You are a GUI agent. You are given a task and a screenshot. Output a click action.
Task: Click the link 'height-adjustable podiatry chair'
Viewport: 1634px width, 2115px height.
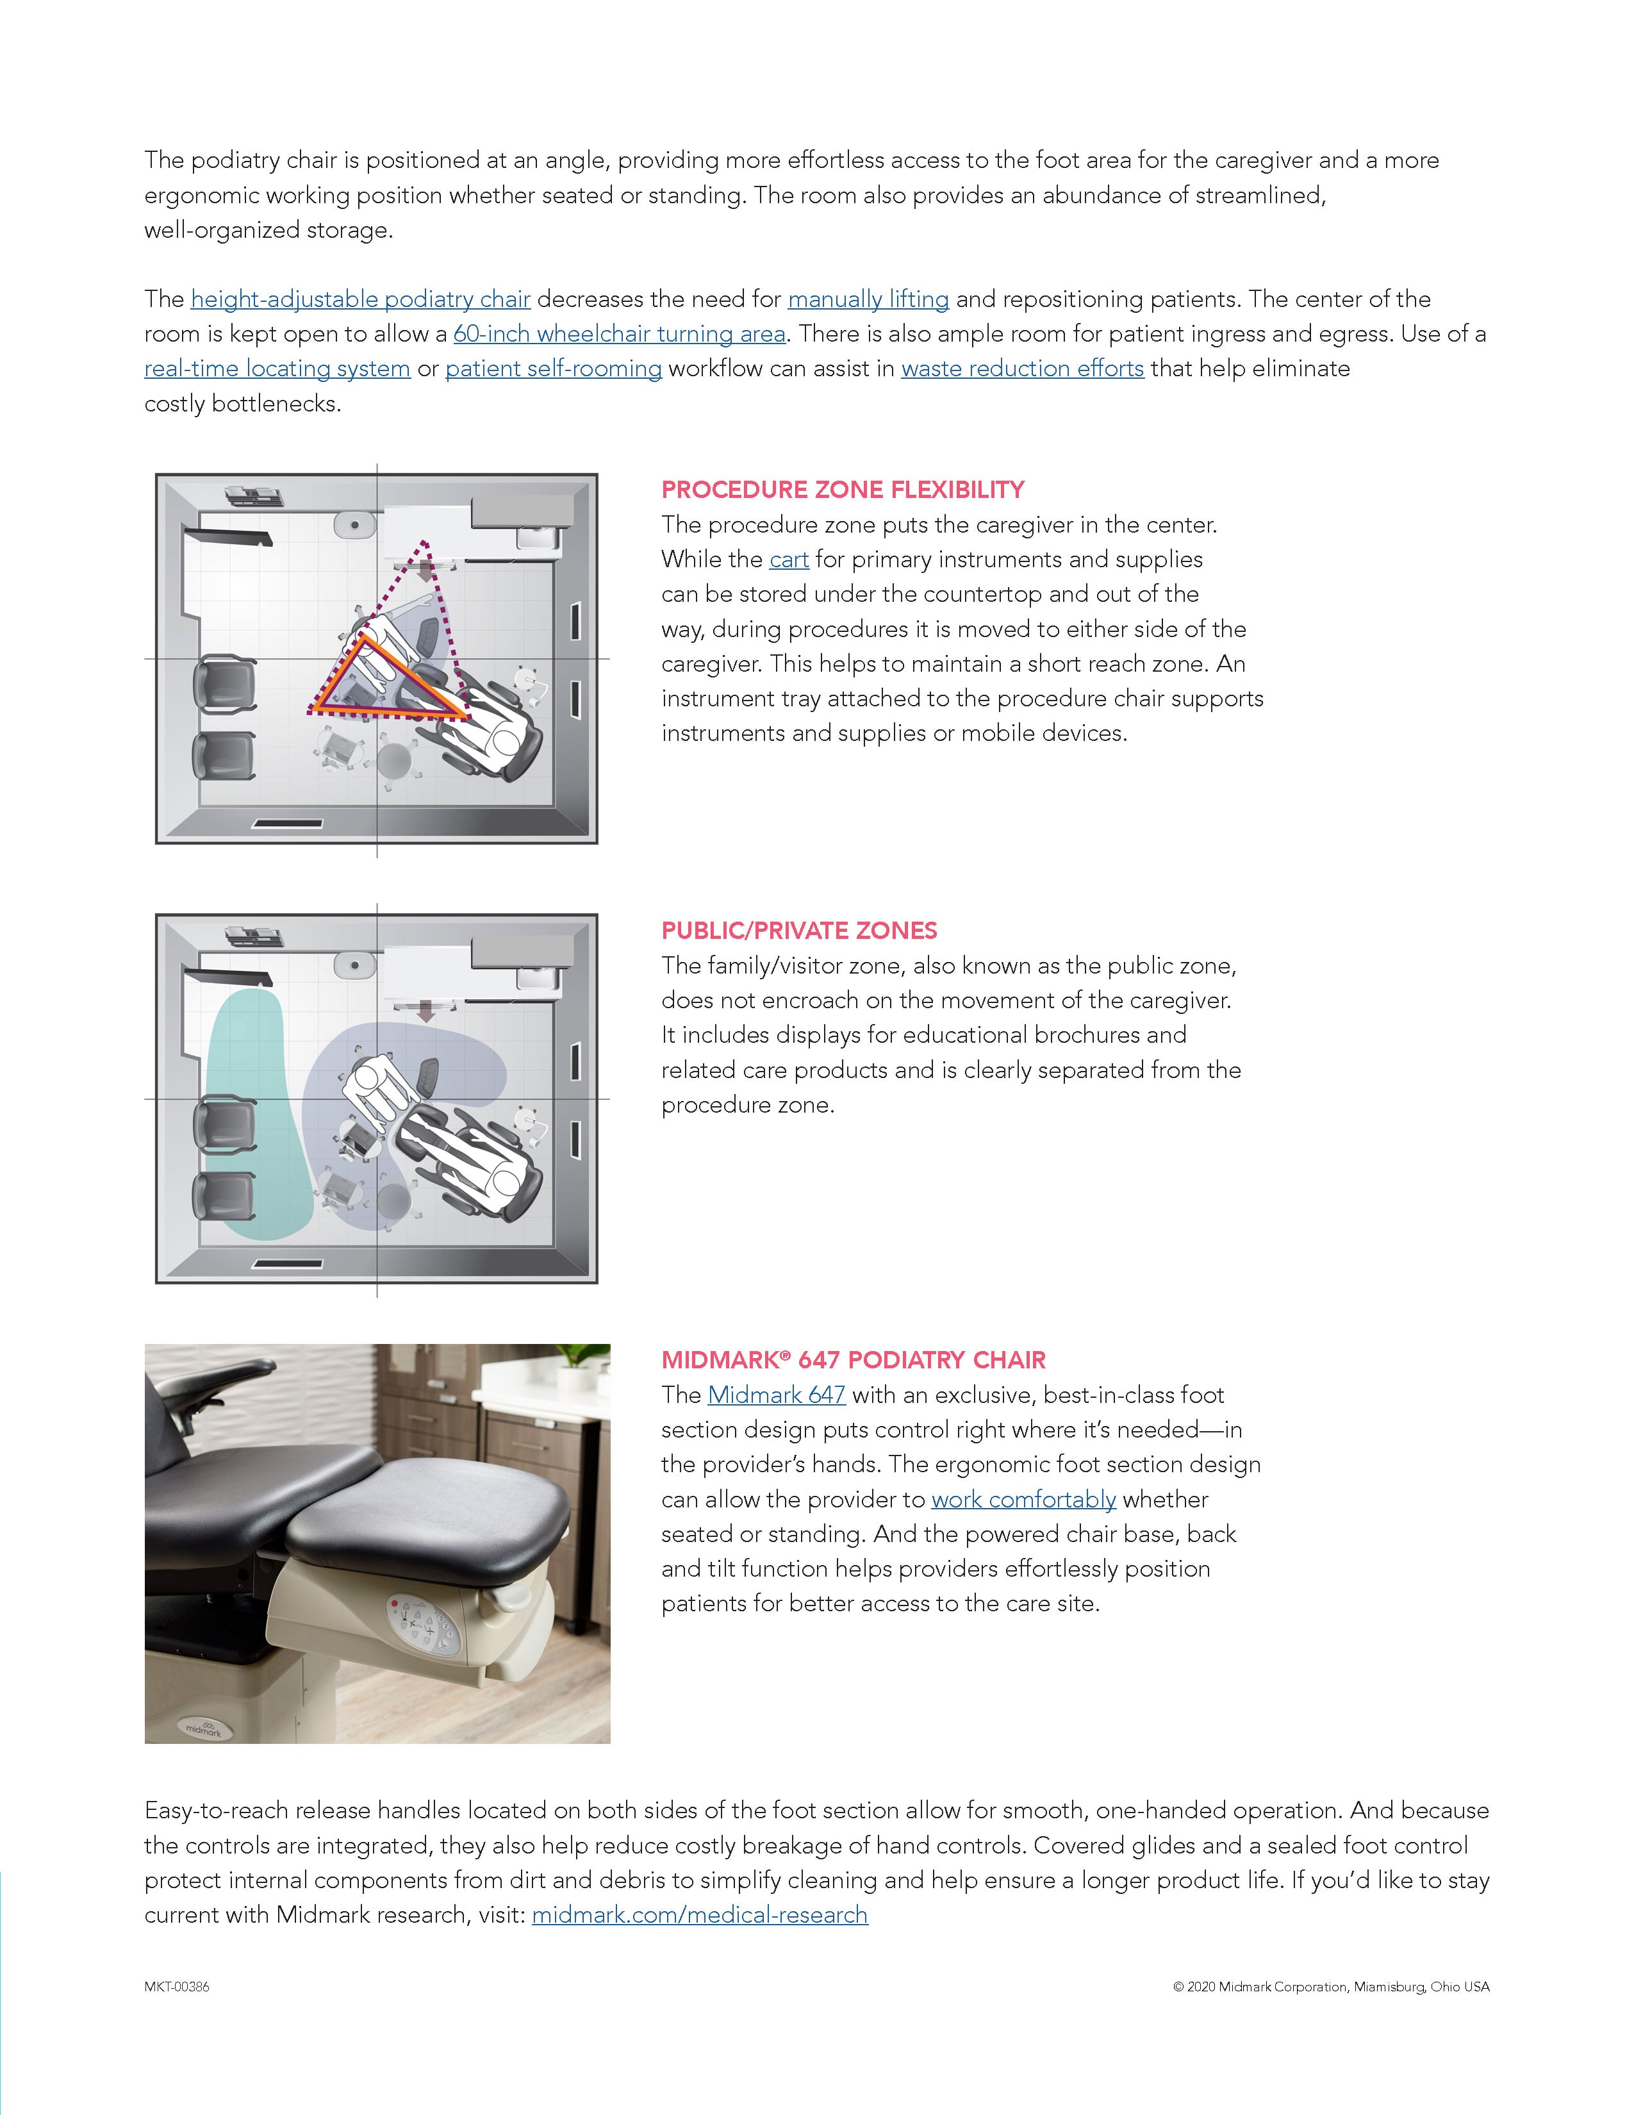360,299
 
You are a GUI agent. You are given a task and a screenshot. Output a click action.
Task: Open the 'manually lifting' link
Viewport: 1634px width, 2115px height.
868,299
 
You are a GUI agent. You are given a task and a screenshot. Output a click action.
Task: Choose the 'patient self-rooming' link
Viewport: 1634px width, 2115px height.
553,369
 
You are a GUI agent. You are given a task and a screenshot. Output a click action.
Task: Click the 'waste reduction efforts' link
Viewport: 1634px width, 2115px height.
1022,369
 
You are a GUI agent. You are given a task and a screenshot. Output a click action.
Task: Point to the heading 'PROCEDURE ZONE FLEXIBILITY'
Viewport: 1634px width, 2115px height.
842,490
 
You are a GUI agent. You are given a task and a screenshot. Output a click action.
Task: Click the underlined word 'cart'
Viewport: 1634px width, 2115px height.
789,560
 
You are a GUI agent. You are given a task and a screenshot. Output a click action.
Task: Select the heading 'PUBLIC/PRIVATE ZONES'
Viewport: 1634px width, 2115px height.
798,931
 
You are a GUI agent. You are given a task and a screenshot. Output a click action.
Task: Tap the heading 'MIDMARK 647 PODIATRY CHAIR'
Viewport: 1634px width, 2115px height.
853,1361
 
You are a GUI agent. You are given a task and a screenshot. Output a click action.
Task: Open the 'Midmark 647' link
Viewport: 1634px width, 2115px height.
777,1395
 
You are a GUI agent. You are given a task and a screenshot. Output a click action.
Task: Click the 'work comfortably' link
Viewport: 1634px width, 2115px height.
1023,1500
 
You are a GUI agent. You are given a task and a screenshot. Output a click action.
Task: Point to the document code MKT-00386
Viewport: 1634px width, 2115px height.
177,1987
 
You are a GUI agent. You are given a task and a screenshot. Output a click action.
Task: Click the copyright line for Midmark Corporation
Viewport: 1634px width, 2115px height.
1331,1987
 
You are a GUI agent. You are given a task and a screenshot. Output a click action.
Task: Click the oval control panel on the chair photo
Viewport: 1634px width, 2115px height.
423,1623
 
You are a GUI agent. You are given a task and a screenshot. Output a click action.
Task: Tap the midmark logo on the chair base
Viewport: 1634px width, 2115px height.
203,1727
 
